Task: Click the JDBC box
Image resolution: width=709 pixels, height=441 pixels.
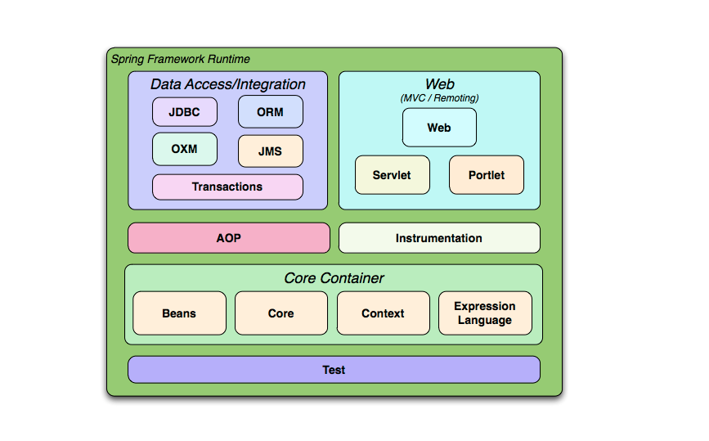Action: (185, 112)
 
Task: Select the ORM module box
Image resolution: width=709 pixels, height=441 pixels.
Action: (270, 112)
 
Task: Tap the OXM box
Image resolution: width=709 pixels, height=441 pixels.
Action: (185, 150)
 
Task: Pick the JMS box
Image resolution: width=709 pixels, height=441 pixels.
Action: (270, 151)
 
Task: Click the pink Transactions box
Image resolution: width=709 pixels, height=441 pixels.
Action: (227, 187)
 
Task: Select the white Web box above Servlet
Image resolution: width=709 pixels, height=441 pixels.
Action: (439, 128)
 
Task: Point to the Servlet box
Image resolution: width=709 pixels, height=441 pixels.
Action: (392, 175)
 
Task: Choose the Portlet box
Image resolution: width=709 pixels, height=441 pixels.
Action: (487, 175)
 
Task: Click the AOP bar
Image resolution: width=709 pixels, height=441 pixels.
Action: (229, 238)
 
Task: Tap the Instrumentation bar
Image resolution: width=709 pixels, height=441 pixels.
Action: (439, 238)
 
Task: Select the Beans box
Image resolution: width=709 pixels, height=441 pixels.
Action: (179, 313)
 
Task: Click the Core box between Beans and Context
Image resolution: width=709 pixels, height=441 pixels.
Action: (281, 313)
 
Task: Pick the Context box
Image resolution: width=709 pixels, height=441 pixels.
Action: (383, 313)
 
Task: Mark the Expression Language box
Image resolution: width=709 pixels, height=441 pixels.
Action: (485, 313)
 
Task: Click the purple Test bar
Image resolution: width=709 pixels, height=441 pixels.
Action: (334, 370)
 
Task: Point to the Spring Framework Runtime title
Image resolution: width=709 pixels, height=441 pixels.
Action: (180, 59)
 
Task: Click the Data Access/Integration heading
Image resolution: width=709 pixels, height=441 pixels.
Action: (227, 84)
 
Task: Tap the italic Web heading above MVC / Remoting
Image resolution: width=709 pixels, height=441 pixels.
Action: (439, 84)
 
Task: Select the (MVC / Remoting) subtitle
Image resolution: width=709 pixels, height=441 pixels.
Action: (439, 98)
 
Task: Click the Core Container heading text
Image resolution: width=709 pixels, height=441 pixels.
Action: (334, 278)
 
